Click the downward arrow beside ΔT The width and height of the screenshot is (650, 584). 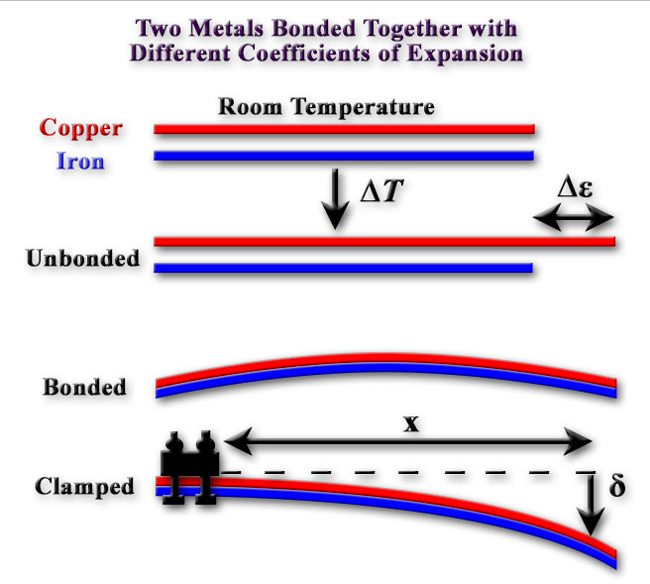[x=336, y=198]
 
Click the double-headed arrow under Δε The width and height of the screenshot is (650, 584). [x=574, y=221]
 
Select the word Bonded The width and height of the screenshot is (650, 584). [x=85, y=387]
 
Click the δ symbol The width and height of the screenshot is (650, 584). [x=617, y=489]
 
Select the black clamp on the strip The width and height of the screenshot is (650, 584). [x=191, y=468]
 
